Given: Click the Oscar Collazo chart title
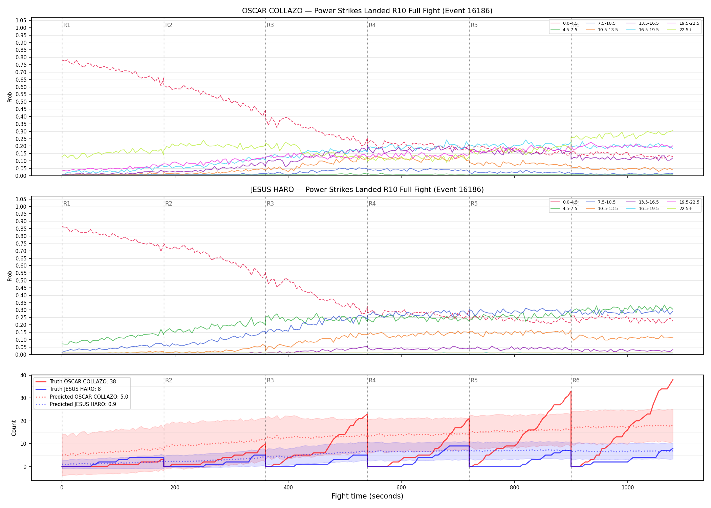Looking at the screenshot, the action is coord(367,11).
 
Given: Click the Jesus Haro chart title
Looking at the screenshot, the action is coord(367,190).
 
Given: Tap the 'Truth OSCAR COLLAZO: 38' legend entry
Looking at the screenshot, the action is coord(76,382).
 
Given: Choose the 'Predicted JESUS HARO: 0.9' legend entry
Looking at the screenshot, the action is coord(76,404).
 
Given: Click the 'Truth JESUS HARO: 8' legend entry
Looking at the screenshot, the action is coord(68,389).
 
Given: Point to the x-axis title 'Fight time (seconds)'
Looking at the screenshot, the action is coord(367,496).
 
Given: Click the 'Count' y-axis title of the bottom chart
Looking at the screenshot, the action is coord(14,428).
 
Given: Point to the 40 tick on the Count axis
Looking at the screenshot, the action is coord(23,375).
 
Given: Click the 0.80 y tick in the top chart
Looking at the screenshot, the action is coord(21,58).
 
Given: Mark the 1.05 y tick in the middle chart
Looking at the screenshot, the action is coord(21,199).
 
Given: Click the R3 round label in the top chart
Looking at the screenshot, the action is coord(270,25).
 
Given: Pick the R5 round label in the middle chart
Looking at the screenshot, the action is coord(474,204).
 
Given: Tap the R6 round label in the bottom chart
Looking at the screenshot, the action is coord(576,380).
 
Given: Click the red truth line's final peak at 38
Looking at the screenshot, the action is coord(673,380).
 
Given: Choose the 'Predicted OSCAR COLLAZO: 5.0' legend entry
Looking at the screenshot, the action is coord(82,397).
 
